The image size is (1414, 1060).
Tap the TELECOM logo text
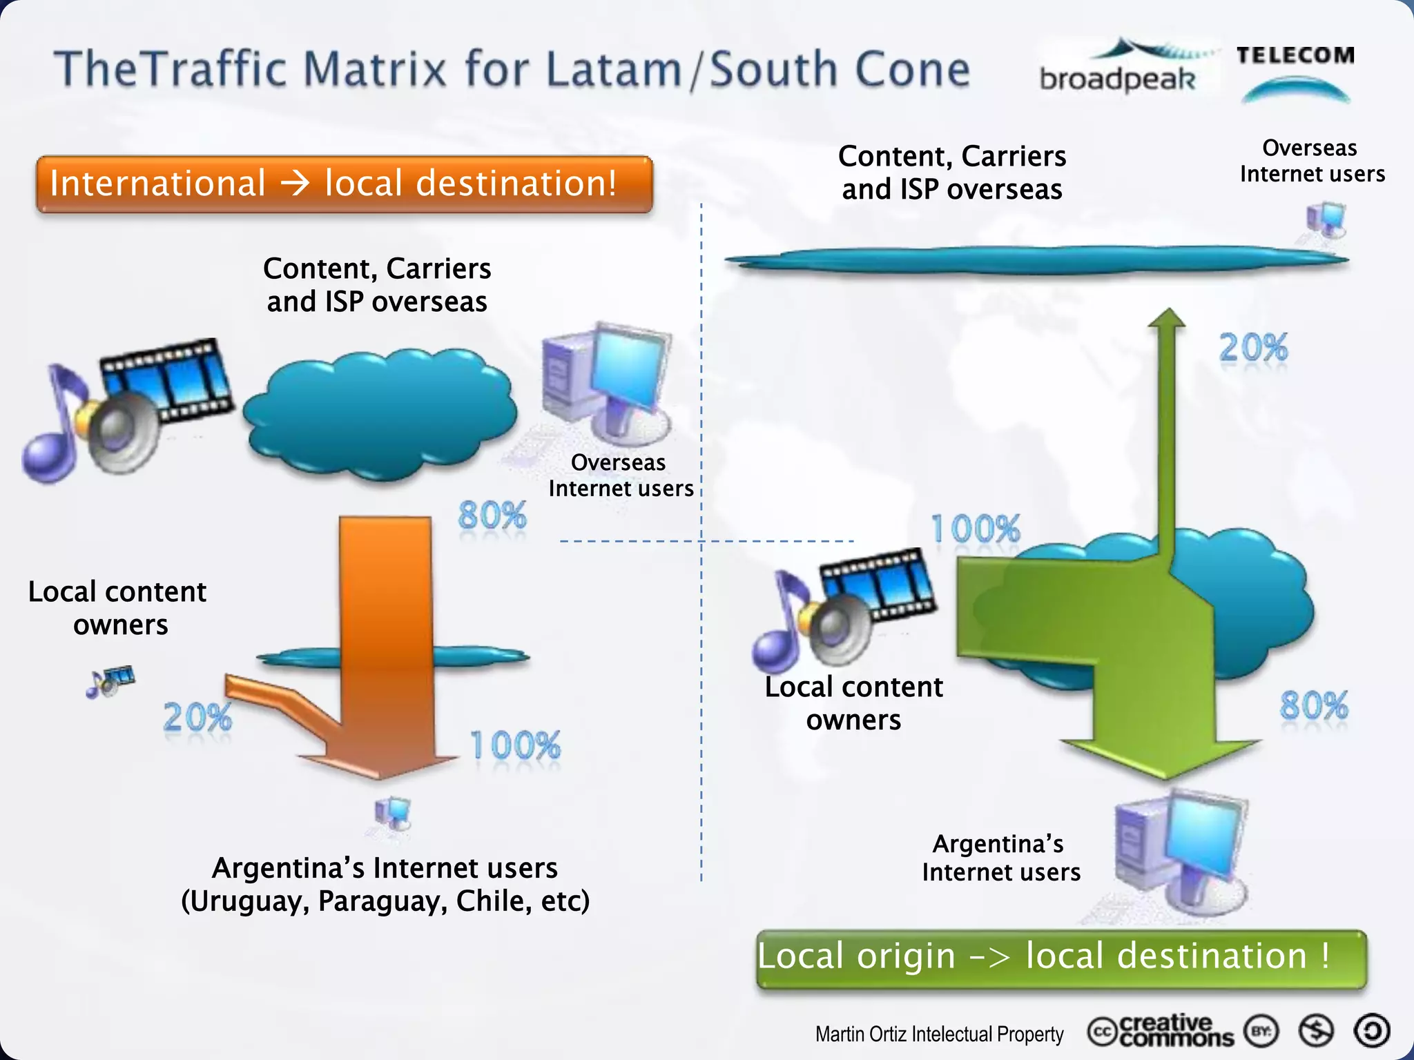(x=1295, y=55)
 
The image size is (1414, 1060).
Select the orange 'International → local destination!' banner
(x=344, y=184)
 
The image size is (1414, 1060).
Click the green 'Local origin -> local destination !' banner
(x=1060, y=958)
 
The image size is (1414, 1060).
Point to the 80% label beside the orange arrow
(x=492, y=516)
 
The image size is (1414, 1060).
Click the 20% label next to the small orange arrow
(x=197, y=718)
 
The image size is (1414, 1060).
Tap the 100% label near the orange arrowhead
(x=515, y=746)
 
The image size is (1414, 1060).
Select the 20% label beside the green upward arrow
(x=1253, y=347)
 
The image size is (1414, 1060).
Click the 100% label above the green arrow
(x=975, y=529)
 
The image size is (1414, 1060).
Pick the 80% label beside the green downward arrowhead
(x=1313, y=705)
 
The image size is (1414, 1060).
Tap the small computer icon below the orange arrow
(x=393, y=814)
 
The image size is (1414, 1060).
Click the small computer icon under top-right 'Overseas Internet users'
(x=1326, y=221)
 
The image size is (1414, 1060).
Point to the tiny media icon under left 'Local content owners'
(x=110, y=681)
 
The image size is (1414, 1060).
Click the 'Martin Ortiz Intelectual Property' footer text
(x=939, y=1034)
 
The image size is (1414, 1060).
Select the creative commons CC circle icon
(x=1102, y=1032)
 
